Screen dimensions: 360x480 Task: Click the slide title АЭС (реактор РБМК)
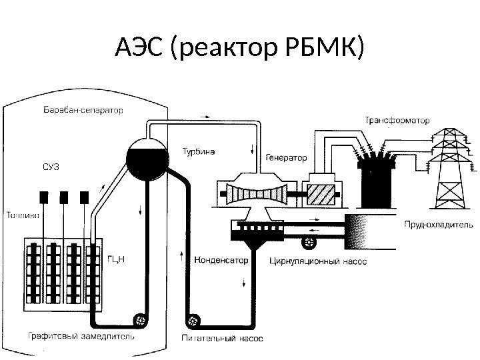[x=240, y=48]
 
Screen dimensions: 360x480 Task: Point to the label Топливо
[x=23, y=215]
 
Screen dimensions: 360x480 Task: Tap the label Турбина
[x=199, y=151]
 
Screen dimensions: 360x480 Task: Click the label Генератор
[x=286, y=159]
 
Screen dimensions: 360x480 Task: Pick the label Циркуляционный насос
[x=318, y=261]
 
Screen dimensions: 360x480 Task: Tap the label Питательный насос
[x=223, y=338]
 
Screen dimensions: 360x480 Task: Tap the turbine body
[x=253, y=193]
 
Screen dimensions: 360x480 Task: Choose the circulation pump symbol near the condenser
[x=309, y=241]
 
